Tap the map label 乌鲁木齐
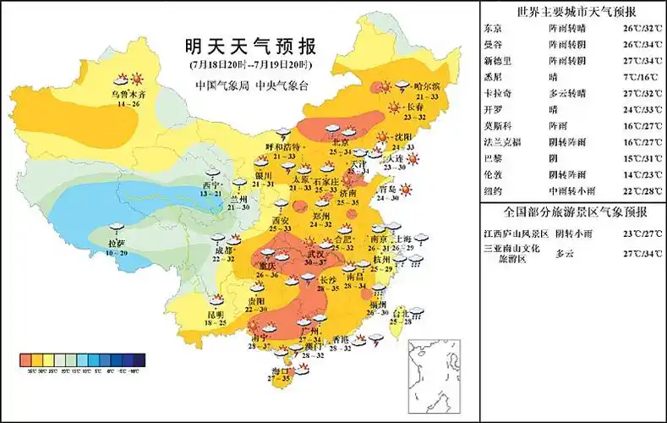130,94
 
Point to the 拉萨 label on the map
118,244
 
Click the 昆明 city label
216,315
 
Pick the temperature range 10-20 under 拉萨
118,253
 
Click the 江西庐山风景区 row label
514,232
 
